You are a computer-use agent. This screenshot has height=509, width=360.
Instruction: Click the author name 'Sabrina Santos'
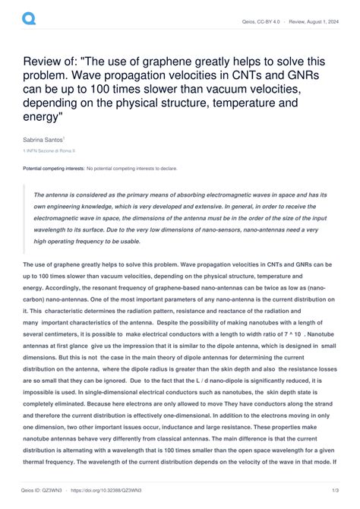click(43, 140)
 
